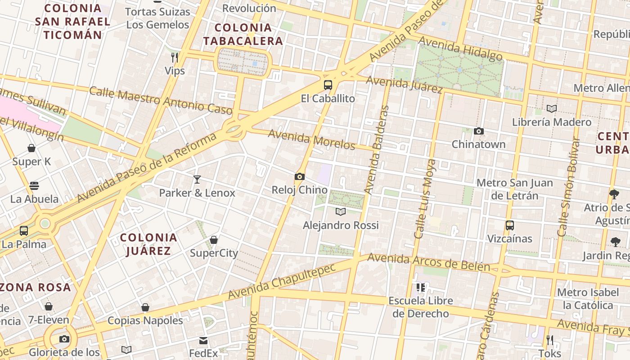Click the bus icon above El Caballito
328,85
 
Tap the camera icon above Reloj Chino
300,177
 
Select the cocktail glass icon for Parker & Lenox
197,180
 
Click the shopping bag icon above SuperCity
214,240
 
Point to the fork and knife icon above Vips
175,57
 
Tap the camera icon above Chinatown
479,131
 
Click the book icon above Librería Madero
552,108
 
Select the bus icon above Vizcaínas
510,225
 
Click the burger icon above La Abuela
34,186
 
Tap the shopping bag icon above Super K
31,148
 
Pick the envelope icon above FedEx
203,341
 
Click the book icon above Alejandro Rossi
341,211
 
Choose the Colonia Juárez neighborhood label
148,244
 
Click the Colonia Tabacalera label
243,34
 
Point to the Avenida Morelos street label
312,139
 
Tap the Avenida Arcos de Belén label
428,262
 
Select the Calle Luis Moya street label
425,198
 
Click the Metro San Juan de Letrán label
515,189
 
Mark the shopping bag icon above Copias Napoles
145,307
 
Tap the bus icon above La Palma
24,231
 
